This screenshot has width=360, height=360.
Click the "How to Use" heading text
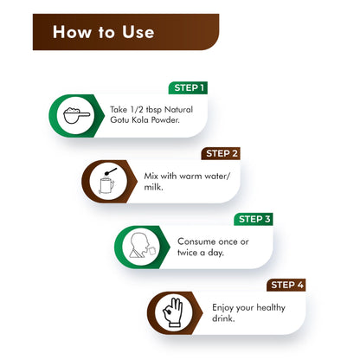pyautogui.click(x=103, y=32)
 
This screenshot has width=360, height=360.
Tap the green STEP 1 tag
pyautogui.click(x=188, y=87)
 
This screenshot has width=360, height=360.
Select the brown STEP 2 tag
pyautogui.click(x=221, y=153)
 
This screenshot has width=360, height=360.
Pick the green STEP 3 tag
pyautogui.click(x=254, y=219)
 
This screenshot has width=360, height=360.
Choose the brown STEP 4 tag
pyautogui.click(x=286, y=285)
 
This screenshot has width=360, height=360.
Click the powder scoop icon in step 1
pyautogui.click(x=76, y=115)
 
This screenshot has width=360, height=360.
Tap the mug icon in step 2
pyautogui.click(x=106, y=185)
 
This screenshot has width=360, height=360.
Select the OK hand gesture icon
pyautogui.click(x=173, y=312)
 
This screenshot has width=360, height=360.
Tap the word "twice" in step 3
pyautogui.click(x=188, y=253)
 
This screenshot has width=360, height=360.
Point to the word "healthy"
pyautogui.click(x=271, y=308)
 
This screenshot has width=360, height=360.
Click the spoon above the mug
pyautogui.click(x=111, y=171)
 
